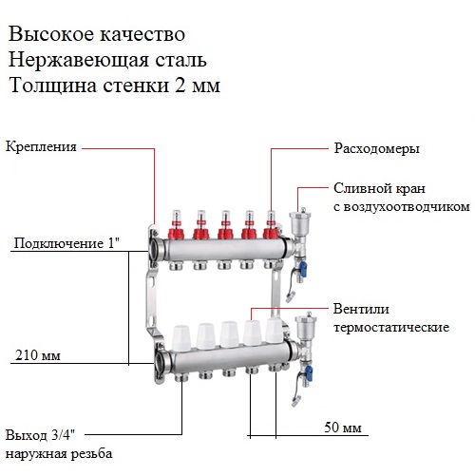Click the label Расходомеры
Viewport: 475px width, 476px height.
coord(376,148)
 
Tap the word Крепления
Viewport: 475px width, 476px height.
coord(41,147)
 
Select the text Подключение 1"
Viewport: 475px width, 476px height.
coord(66,243)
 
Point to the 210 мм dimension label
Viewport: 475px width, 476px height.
coord(38,355)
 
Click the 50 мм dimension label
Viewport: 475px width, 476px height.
coord(343,428)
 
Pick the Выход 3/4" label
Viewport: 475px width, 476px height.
coord(41,435)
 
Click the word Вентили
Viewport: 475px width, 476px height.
coord(361,309)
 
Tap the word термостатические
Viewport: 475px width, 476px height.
coord(391,327)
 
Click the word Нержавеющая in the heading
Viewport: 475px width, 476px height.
coord(78,60)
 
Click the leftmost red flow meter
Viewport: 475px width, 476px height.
coord(176,224)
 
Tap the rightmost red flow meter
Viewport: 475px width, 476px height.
coord(271,224)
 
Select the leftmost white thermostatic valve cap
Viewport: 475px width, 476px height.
coord(181,337)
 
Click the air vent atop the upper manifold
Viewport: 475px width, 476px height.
coord(298,219)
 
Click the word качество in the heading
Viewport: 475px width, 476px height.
coord(142,34)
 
